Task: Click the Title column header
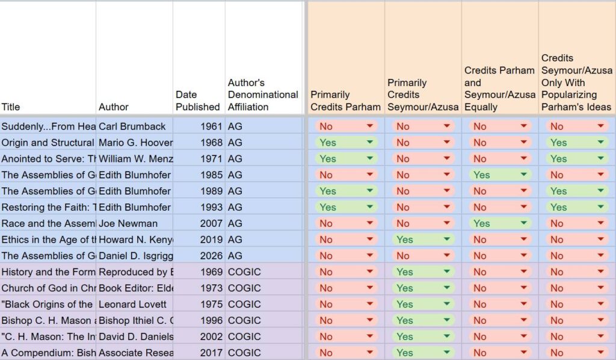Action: [11, 107]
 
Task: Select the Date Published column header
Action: [197, 101]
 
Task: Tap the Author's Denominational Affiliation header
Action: [263, 95]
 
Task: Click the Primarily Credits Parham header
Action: [345, 101]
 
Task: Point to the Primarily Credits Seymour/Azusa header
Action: [422, 95]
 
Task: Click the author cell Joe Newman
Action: [128, 223]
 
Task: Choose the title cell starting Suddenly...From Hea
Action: [48, 126]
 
